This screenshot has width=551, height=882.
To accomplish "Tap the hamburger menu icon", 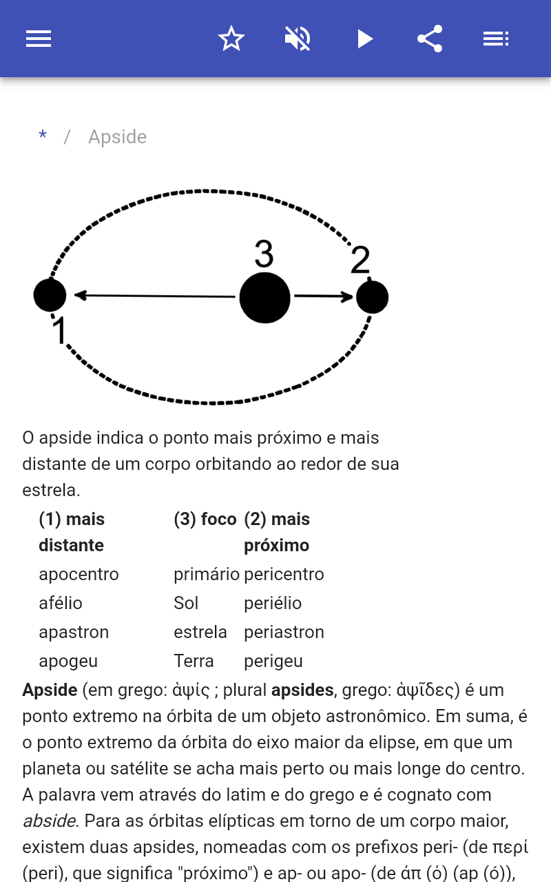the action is [x=39, y=39].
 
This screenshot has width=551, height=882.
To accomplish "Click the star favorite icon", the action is [x=231, y=39].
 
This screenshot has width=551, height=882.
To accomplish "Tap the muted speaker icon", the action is [x=298, y=39].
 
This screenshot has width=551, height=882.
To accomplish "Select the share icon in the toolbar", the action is [x=430, y=39].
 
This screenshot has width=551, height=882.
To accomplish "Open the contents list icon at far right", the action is [x=496, y=39].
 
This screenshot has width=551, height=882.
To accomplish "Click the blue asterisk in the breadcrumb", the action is [x=43, y=135].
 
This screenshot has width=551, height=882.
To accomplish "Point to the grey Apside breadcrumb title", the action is [x=117, y=137].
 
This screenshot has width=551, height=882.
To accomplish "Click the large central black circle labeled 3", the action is [x=265, y=298].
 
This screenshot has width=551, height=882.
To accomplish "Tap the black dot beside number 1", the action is [x=50, y=296].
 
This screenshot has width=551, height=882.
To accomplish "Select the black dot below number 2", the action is [x=373, y=297].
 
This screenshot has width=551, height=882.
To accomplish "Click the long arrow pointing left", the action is [x=155, y=296].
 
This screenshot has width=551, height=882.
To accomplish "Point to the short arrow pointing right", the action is [x=324, y=296].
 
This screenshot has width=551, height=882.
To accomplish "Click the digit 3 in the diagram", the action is [x=264, y=254].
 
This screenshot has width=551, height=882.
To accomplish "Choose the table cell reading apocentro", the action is [x=79, y=574].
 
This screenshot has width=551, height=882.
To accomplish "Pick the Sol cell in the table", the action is [x=186, y=603].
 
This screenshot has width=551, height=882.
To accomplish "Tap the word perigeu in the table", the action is [x=273, y=661].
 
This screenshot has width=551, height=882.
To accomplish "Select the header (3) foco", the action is [x=205, y=519].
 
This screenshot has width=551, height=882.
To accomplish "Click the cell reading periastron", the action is [x=284, y=632].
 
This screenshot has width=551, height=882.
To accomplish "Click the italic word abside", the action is [x=49, y=821].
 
